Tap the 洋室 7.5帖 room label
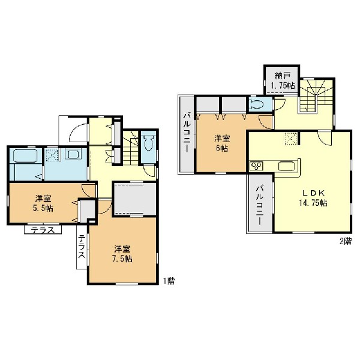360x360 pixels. click(x=123, y=254)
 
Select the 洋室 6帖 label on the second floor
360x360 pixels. click(x=222, y=143)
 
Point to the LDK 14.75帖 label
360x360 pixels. click(x=313, y=198)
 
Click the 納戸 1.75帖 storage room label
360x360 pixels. click(x=283, y=81)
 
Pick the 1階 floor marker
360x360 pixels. click(x=169, y=281)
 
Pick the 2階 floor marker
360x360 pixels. click(x=346, y=241)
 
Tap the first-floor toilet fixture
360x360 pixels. click(x=149, y=143)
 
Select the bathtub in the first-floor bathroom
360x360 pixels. click(x=25, y=155)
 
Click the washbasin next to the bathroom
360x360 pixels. click(x=74, y=154)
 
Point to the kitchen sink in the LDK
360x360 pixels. click(x=287, y=166)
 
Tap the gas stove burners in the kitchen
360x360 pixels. click(x=256, y=166)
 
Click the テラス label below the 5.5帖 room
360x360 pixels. click(x=43, y=230)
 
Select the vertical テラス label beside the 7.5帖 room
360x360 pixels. click(x=82, y=247)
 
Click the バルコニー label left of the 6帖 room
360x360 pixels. click(x=187, y=133)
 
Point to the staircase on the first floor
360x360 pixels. click(x=130, y=148)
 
